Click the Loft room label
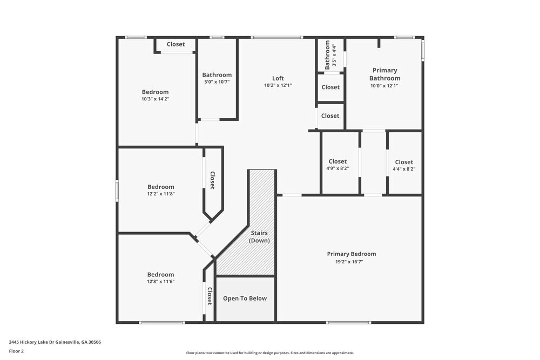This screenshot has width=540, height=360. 278,78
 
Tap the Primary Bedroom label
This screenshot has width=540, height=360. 352,254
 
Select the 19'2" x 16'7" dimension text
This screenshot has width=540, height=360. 352,262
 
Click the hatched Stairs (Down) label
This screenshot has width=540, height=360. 259,237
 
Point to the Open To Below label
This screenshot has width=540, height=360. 245,298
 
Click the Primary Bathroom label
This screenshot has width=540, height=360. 384,74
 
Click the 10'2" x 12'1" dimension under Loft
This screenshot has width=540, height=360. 278,85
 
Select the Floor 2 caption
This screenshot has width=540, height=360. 16,351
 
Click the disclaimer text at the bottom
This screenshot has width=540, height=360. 269,353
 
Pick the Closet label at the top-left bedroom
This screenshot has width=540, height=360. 175,44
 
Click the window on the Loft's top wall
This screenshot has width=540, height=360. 277,37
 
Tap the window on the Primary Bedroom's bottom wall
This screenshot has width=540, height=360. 348,323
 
